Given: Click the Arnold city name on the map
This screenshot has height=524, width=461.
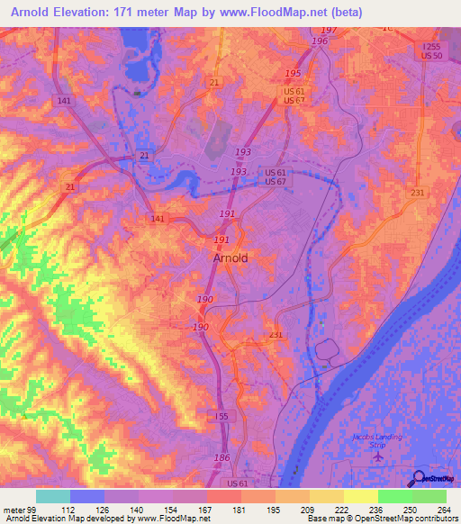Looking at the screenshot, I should [x=230, y=257].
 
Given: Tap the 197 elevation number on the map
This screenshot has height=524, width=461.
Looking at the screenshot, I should [x=329, y=31].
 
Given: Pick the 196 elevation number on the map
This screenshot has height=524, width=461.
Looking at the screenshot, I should [x=319, y=41].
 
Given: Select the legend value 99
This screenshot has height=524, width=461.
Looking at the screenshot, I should [x=32, y=508].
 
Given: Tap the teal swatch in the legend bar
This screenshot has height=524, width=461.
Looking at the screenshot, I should [x=53, y=496].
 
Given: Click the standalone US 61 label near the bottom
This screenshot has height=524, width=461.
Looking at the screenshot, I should [x=238, y=483].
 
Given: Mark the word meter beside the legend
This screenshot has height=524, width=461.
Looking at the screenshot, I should [x=13, y=508].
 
